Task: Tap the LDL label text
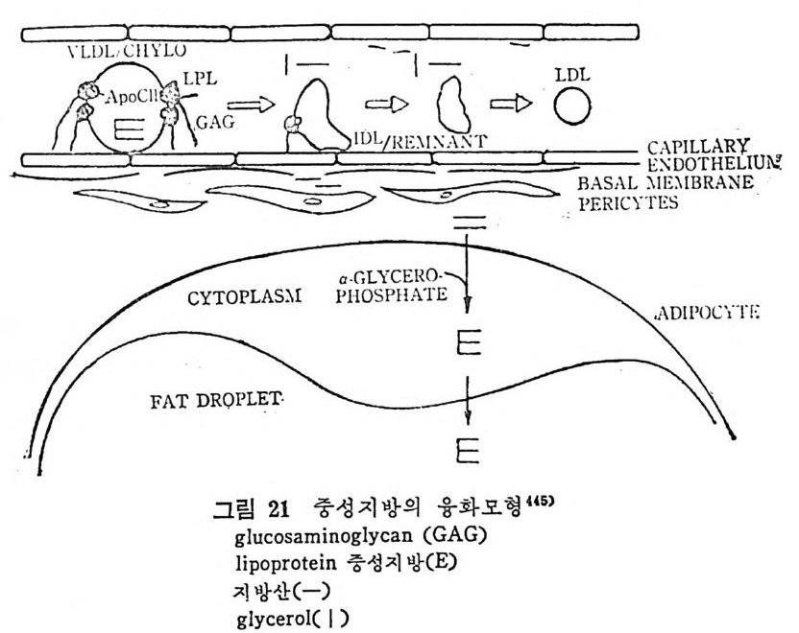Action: click(x=573, y=72)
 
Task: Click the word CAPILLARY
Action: click(x=697, y=145)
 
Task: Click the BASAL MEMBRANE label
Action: click(x=685, y=183)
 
